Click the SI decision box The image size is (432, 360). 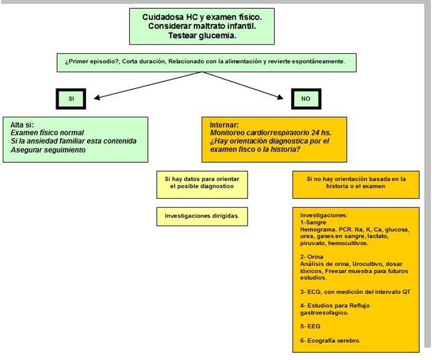pyautogui.click(x=71, y=99)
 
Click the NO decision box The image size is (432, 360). pyautogui.click(x=306, y=99)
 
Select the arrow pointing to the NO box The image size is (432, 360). pyautogui.click(x=244, y=85)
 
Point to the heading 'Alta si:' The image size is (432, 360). pyautogui.click(x=24, y=125)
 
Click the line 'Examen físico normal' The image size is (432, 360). pyautogui.click(x=48, y=133)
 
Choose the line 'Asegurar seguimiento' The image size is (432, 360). pyautogui.click(x=48, y=150)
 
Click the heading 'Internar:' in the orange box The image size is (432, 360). pyautogui.click(x=225, y=125)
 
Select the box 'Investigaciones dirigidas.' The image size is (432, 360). pyautogui.click(x=202, y=216)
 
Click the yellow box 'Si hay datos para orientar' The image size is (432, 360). pyautogui.click(x=202, y=184)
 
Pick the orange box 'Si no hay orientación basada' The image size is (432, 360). pyautogui.click(x=356, y=184)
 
